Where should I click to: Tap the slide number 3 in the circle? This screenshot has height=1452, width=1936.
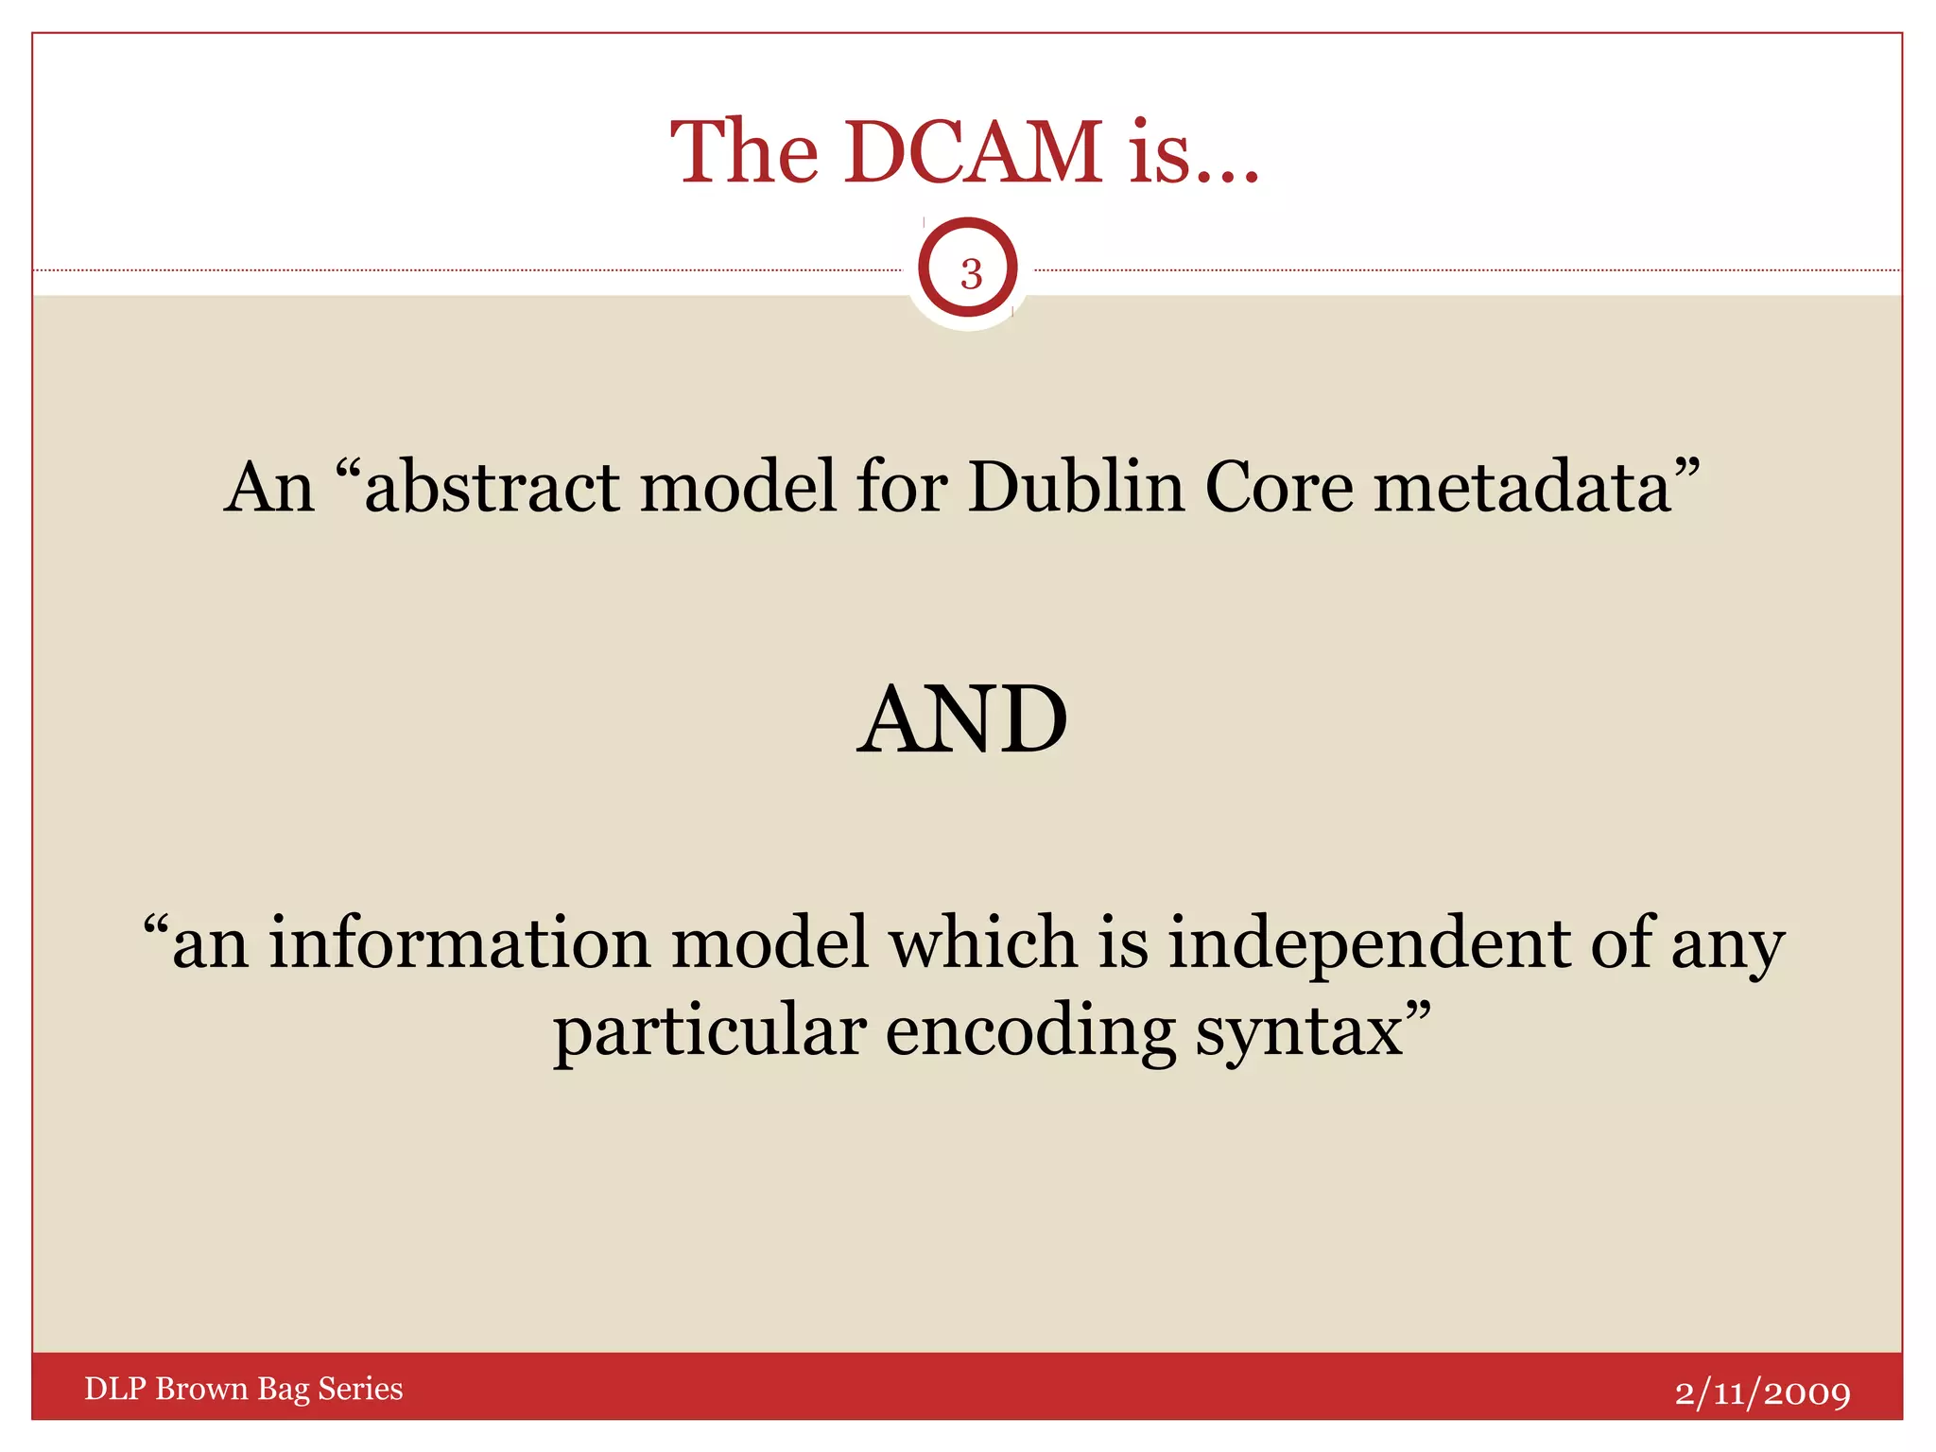click(x=971, y=274)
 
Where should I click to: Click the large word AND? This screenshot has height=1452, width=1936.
click(x=962, y=720)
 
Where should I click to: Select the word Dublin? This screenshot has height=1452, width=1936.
click(x=1076, y=487)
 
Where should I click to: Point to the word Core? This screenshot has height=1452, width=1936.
click(x=1279, y=487)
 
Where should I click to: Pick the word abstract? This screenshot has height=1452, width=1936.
click(x=492, y=487)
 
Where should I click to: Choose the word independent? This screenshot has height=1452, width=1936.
click(x=1369, y=944)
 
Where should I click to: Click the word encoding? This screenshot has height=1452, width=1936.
click(x=1030, y=1031)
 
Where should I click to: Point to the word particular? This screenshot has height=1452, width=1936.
click(x=709, y=1031)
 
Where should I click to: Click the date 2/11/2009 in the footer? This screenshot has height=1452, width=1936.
click(x=1762, y=1392)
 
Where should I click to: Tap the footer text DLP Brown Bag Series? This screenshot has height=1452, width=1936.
click(x=243, y=1389)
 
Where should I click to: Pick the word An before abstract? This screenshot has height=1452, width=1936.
click(x=269, y=487)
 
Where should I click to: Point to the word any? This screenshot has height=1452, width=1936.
click(x=1727, y=944)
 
